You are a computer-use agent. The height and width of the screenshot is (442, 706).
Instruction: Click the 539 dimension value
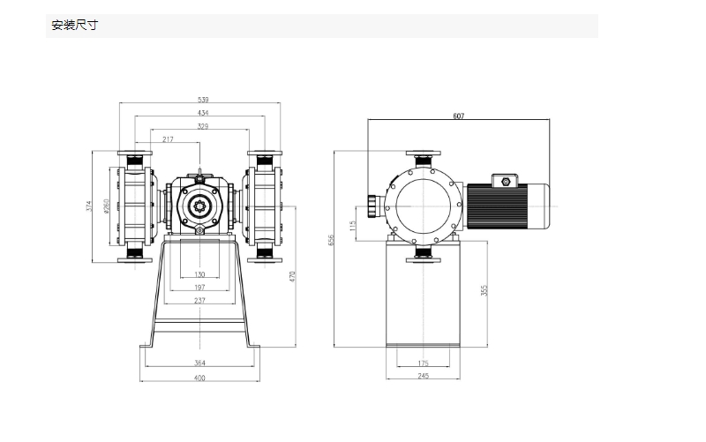(203, 100)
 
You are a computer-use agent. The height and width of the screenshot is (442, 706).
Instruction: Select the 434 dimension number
(203, 113)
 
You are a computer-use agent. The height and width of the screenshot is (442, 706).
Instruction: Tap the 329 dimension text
(203, 126)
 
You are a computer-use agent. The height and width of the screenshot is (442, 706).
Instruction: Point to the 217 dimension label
(168, 139)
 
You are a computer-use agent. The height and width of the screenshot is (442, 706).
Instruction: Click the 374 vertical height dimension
(89, 206)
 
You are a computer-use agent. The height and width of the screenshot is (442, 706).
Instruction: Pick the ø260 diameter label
(106, 206)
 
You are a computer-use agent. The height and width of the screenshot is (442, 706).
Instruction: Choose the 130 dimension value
(199, 274)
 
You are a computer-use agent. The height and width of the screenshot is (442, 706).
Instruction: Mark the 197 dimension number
(199, 287)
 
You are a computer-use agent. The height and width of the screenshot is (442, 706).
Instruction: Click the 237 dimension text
(199, 300)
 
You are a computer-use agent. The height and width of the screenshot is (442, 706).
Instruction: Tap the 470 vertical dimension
(292, 276)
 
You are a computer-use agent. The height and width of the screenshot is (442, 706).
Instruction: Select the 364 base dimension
(199, 363)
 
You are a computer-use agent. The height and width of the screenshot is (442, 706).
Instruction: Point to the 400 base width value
(199, 378)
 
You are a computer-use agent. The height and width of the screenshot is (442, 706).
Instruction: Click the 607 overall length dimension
(458, 116)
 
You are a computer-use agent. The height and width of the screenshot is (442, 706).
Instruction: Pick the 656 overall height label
(331, 240)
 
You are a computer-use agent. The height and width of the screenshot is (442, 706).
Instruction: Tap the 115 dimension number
(352, 225)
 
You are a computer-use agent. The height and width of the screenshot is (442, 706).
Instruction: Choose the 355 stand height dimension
(484, 290)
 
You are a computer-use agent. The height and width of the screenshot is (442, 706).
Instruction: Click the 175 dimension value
(424, 363)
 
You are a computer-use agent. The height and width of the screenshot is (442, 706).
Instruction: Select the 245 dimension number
(424, 375)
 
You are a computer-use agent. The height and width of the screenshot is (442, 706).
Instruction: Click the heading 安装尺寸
(74, 26)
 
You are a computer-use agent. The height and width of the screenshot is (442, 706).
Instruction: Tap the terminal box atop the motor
(505, 181)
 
